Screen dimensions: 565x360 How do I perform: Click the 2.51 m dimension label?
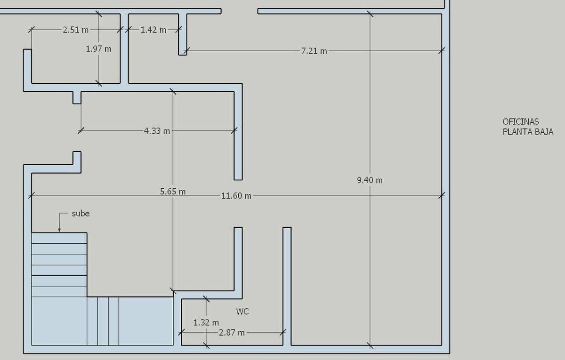coord(76,30)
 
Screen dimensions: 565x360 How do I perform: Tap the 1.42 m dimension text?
coord(153,30)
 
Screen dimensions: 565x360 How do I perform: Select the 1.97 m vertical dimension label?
coord(98,49)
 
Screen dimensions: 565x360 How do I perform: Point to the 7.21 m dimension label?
coord(314,51)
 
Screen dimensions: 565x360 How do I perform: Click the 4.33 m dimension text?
coord(157,131)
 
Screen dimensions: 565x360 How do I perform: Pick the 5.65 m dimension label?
coord(173,192)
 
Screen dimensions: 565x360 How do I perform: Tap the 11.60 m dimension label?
coord(236,196)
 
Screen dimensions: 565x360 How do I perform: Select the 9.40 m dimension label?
coord(370,180)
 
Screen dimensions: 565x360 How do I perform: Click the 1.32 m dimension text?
coord(206,322)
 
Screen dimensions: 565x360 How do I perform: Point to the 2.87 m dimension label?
coord(232,333)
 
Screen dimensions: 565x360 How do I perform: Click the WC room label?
coord(242,312)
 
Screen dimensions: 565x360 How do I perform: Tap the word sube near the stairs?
coord(81,214)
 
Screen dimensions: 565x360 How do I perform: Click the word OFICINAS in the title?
coord(521,122)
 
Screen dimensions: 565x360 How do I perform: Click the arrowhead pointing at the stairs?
coord(59,230)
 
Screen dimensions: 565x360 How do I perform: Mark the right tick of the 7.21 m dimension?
coord(442,51)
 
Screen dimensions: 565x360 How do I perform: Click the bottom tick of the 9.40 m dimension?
coord(370,345)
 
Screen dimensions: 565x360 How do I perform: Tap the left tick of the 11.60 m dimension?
coord(32,195)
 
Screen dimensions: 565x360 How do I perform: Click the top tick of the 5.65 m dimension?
coord(173,91)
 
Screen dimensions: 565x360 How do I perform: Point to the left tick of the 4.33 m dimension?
coord(81,131)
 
